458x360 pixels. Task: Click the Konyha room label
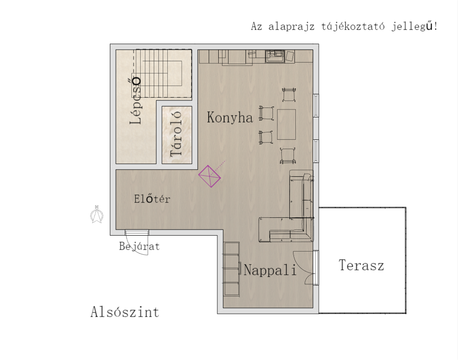[229, 117]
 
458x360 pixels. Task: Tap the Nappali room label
[270, 270]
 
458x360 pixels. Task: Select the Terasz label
[361, 266]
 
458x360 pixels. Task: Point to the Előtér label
[152, 199]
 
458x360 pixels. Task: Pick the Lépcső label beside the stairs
[136, 101]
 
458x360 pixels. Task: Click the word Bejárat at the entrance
[139, 246]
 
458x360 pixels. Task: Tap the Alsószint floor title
[125, 312]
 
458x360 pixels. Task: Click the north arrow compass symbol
[97, 215]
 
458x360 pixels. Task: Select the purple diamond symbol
[209, 176]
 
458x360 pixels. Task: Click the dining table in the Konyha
[286, 124]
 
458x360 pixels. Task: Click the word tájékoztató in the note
[353, 27]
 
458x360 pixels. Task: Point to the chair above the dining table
[289, 94]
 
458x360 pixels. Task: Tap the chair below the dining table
[288, 155]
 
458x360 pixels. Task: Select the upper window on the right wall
[316, 106]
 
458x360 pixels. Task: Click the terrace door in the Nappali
[316, 267]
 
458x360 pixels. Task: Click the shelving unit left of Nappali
[231, 269]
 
